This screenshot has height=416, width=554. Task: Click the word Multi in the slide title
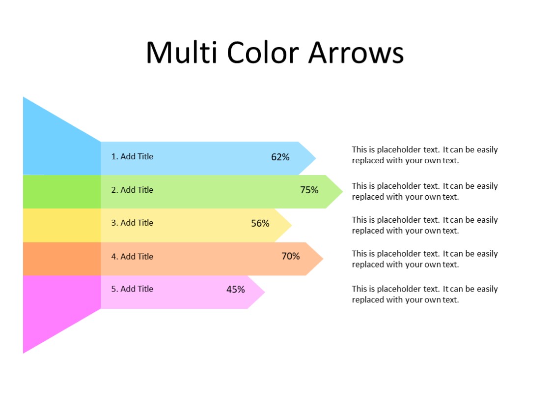coord(181,52)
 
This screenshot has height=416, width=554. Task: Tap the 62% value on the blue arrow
coord(280,157)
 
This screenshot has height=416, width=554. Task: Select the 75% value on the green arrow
coord(309,190)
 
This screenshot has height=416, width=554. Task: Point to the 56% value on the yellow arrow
coord(260,224)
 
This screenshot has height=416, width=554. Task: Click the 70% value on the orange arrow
coord(290,256)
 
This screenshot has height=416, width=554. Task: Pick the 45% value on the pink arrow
coord(235,290)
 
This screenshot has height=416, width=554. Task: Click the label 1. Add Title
coord(132,156)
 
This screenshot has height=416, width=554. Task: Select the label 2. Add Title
coord(132,190)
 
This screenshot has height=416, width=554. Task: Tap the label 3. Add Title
coord(132,223)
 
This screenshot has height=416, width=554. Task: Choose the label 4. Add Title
coord(132,256)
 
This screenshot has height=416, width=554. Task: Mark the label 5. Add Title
coord(132,289)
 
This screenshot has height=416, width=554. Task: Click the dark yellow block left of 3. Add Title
coord(62,225)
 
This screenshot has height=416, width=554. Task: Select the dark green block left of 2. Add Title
coord(62,192)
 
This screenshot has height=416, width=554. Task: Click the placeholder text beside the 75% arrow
coord(424,191)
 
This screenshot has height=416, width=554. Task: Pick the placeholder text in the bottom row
coord(424,294)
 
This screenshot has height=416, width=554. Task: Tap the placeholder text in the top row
coord(424,155)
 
